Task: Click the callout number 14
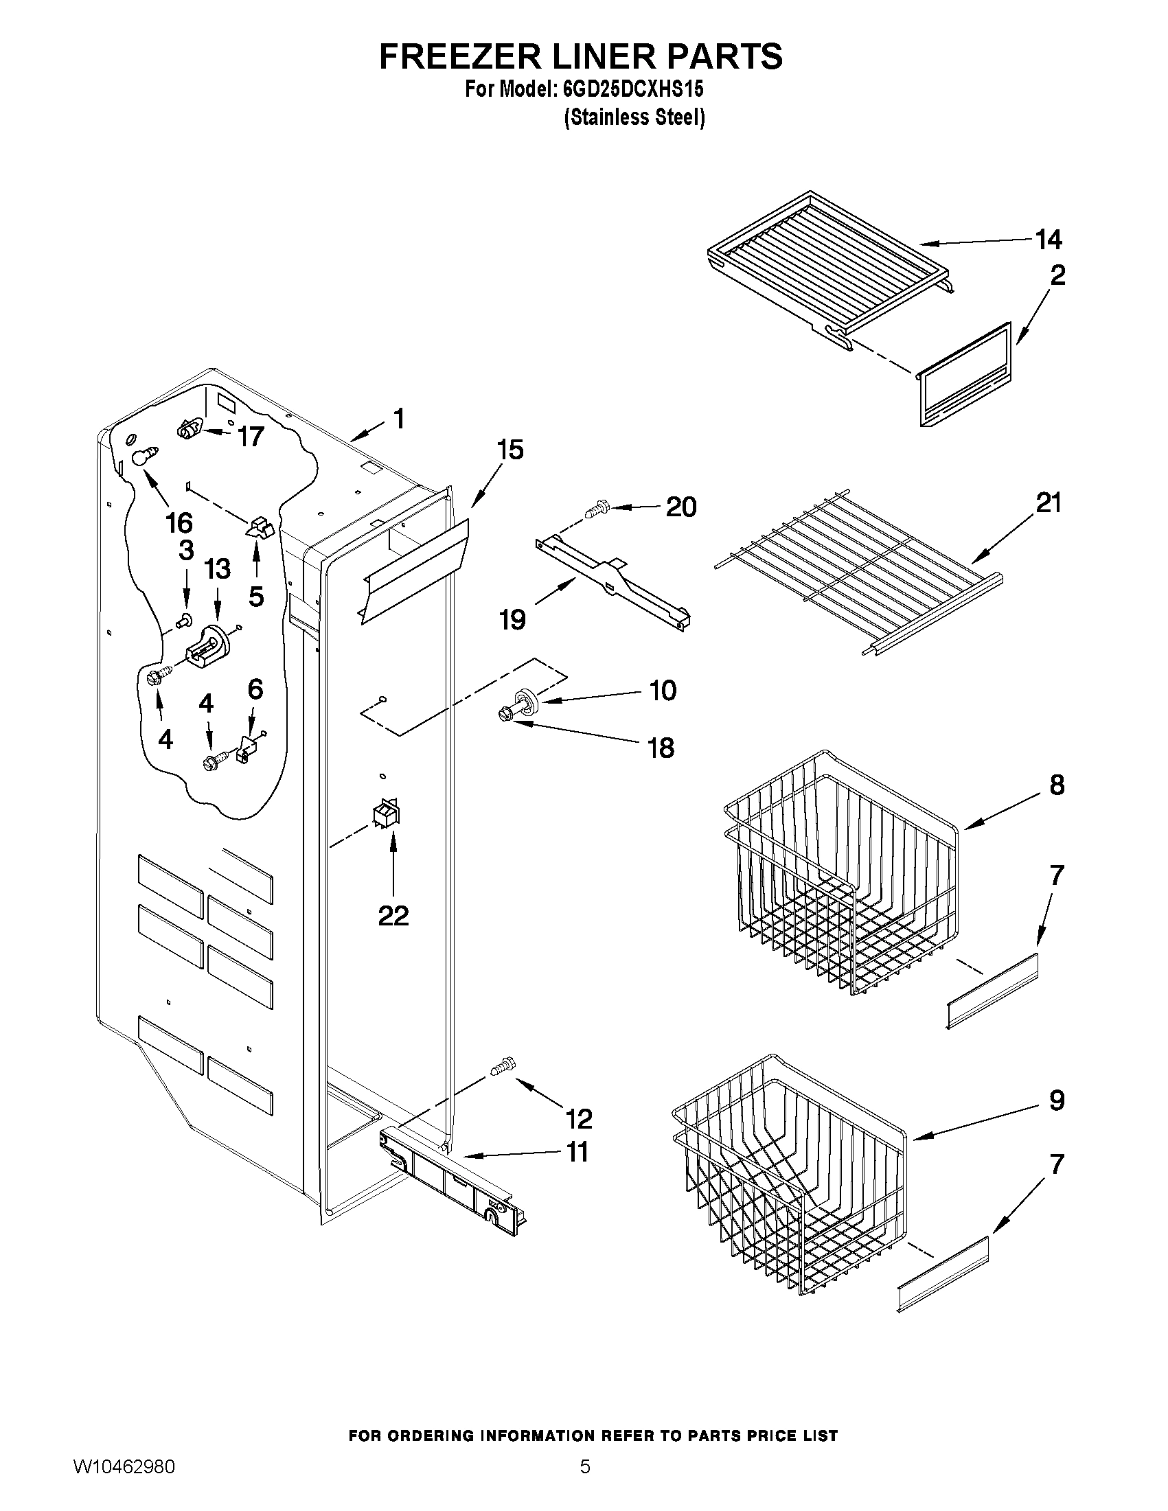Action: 1049,240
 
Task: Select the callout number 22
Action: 393,915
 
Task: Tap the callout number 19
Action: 513,619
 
